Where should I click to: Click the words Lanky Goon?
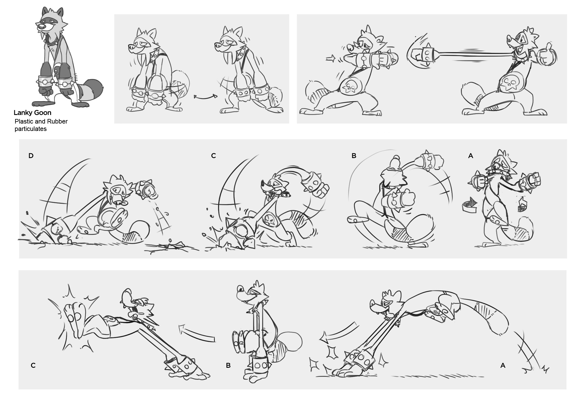pyautogui.click(x=32, y=113)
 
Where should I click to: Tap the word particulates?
pyautogui.click(x=30, y=129)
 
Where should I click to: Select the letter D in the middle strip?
pyautogui.click(x=31, y=156)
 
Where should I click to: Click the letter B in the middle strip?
pyautogui.click(x=354, y=156)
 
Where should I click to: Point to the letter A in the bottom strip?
pyautogui.click(x=503, y=365)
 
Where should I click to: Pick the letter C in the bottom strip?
pyautogui.click(x=33, y=365)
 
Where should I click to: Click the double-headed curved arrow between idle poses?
pyautogui.click(x=204, y=97)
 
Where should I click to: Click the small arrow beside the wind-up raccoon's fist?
pyautogui.click(x=331, y=59)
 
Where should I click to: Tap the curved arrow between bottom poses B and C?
pyautogui.click(x=197, y=332)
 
